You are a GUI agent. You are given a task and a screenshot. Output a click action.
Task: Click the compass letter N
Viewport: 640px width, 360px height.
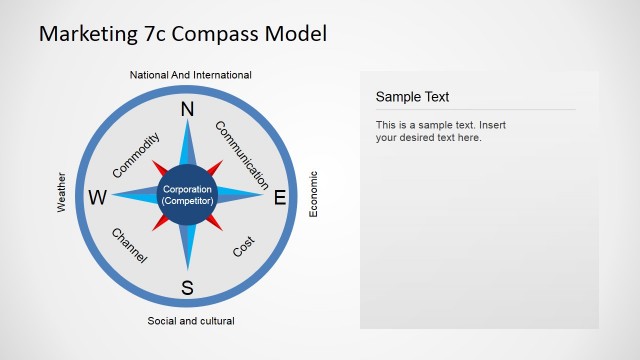[x=187, y=109]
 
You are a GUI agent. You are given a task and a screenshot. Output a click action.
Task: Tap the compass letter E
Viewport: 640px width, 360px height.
[x=280, y=198]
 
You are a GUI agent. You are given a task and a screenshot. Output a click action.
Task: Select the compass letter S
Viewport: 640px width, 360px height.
[x=187, y=289]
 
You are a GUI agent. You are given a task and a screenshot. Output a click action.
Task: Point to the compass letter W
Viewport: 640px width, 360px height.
[x=97, y=198]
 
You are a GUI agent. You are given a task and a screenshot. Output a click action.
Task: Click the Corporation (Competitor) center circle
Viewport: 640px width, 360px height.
[x=188, y=195]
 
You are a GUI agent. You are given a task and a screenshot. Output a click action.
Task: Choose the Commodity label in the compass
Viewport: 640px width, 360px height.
[x=136, y=155]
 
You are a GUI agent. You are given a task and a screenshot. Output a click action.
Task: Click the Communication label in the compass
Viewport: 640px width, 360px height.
[x=242, y=155]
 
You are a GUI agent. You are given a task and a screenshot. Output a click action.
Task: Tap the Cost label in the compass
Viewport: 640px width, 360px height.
[x=244, y=246]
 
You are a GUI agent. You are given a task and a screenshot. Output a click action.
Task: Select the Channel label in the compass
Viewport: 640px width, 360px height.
[x=129, y=246]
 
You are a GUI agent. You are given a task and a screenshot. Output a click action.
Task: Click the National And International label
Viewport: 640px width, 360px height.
[x=191, y=75]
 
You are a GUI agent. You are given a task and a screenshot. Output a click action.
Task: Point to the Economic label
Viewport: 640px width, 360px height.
[x=313, y=194]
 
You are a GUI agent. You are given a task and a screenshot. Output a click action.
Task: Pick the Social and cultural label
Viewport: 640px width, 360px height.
[x=191, y=321]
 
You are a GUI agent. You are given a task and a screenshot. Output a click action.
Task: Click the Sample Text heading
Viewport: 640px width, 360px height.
[x=412, y=97]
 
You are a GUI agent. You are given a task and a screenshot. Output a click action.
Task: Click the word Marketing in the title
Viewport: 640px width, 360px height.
[x=89, y=34]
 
